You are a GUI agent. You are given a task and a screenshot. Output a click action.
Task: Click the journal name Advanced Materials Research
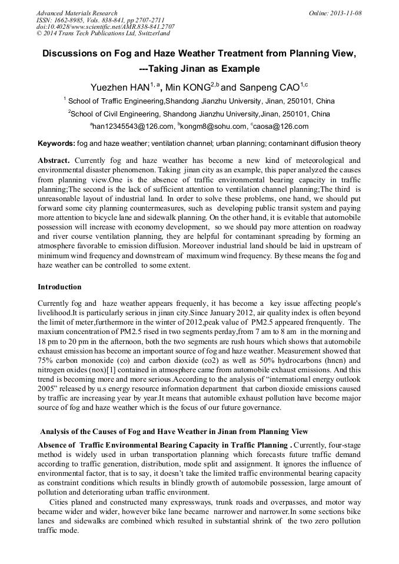tap(77, 13)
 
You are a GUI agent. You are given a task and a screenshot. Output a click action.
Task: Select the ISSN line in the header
tap(97, 20)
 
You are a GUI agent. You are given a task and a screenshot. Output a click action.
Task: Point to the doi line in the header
tap(105, 27)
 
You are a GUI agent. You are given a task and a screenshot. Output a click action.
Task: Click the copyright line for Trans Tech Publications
tap(102, 34)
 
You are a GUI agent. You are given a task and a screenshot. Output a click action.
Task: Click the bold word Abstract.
tap(54, 161)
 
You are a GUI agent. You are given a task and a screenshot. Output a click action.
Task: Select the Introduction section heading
tap(59, 287)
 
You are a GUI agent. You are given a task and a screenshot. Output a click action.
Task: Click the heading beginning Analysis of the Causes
tap(174, 432)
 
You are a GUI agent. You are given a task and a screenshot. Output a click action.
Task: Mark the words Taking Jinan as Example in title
tap(204, 69)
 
